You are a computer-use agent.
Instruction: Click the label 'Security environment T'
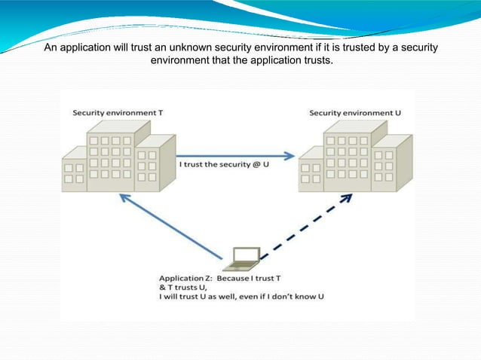(x=117, y=112)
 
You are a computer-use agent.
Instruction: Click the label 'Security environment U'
(x=355, y=112)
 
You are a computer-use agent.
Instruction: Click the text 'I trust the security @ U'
(x=224, y=164)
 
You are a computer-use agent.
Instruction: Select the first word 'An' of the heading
(x=50, y=48)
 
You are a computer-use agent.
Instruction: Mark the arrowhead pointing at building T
(x=121, y=197)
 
